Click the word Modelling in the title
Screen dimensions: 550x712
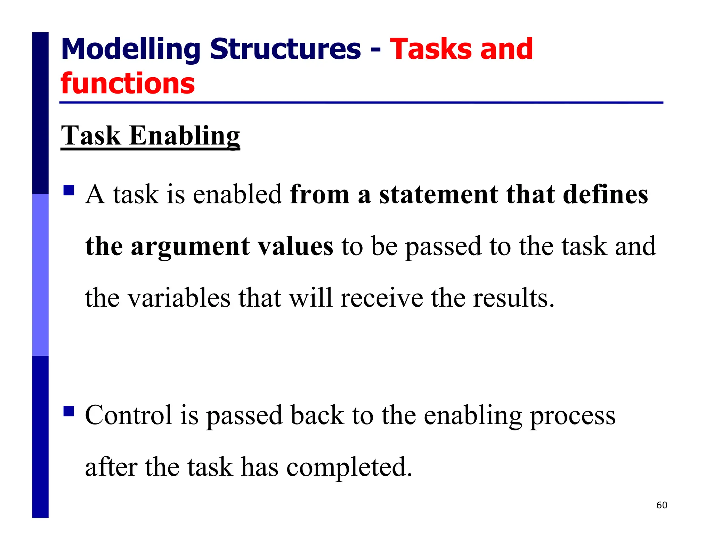click(x=130, y=49)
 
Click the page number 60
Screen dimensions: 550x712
click(x=662, y=505)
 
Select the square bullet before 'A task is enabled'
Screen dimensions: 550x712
click(x=69, y=190)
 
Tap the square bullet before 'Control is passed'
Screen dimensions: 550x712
click(x=69, y=411)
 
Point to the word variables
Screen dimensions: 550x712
click(x=179, y=298)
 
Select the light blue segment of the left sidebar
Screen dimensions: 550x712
click(x=40, y=275)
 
